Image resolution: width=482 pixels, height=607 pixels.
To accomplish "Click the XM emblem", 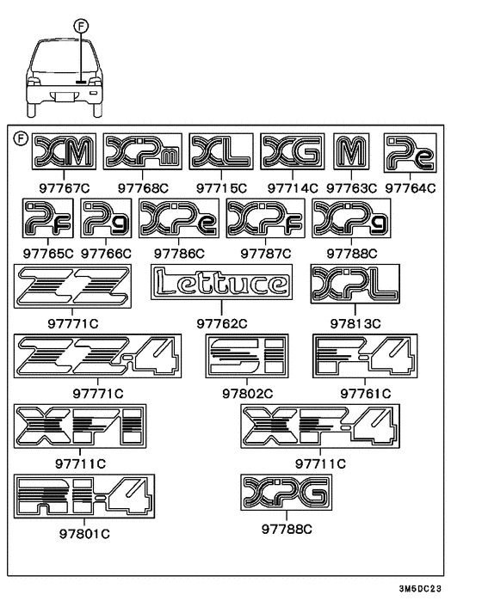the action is tap(64, 151).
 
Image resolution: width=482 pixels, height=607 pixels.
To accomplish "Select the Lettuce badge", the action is tap(221, 282).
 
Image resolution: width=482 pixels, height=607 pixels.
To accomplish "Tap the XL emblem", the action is tap(221, 151).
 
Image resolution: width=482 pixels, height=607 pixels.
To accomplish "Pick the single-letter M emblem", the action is tap(351, 151).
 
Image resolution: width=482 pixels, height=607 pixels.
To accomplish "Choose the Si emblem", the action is tap(247, 356).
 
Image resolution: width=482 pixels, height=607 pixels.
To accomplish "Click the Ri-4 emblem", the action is tap(84, 496).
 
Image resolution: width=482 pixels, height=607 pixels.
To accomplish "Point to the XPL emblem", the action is tap(355, 284).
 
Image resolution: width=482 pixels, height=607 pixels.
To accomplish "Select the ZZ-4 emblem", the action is tap(97, 356).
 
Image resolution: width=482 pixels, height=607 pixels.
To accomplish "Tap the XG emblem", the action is tap(293, 151).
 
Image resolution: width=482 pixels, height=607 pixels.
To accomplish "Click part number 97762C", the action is tap(221, 323).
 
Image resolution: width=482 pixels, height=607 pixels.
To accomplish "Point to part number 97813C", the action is tap(355, 323).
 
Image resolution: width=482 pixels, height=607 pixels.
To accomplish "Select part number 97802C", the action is tap(247, 394).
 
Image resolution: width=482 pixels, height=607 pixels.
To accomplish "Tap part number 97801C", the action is tap(84, 534).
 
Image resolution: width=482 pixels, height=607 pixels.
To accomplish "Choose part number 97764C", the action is tap(411, 188).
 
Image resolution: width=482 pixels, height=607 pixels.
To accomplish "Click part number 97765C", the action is tap(48, 254).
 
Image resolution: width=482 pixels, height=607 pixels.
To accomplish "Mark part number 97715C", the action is tap(221, 188).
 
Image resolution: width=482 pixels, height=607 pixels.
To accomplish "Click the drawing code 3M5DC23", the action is tap(420, 589).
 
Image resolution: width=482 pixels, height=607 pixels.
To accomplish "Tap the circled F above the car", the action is tap(81, 27).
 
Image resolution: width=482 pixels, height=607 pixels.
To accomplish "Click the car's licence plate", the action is tap(64, 97).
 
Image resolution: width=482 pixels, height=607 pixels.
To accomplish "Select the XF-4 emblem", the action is tap(320, 426).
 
